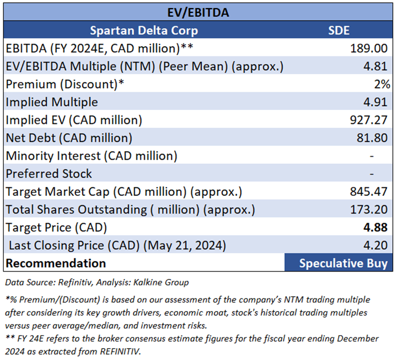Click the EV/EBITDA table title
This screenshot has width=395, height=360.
tap(197, 12)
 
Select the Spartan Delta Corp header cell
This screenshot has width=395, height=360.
tap(143, 30)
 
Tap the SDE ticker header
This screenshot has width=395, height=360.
tap(338, 30)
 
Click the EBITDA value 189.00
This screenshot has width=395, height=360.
tap(369, 48)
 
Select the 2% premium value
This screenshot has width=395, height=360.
tap(382, 84)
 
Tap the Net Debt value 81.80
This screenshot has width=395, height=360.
tap(372, 138)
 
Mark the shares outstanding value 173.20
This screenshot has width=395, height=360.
tap(368, 209)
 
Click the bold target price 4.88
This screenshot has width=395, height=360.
tap(376, 227)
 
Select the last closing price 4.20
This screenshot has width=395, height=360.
tap(376, 245)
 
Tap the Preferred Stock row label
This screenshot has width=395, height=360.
tap(49, 174)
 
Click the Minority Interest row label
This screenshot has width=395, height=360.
tap(91, 156)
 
